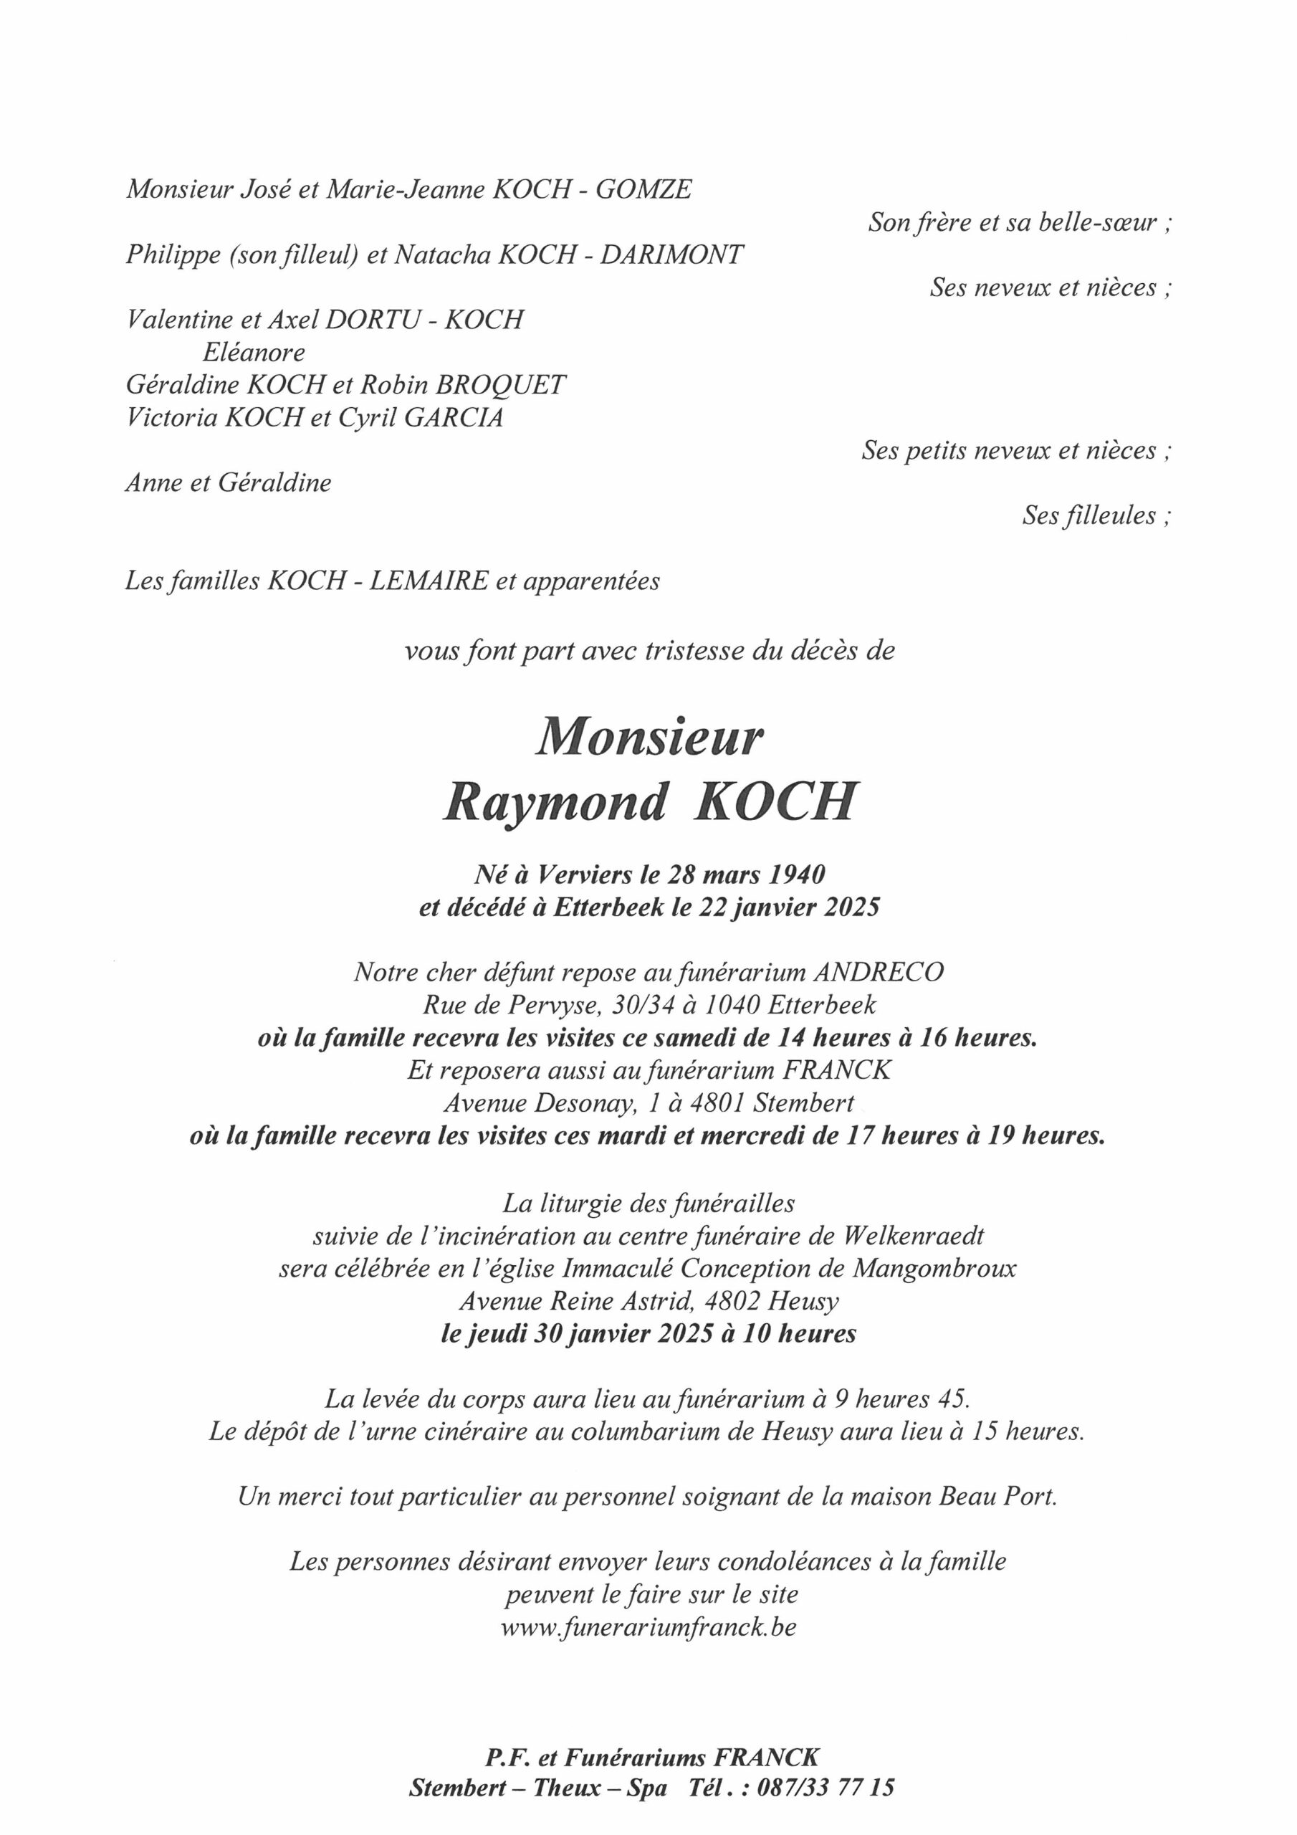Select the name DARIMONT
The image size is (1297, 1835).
coord(672,254)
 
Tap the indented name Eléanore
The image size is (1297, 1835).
coord(254,353)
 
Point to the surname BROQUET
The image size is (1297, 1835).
coord(499,384)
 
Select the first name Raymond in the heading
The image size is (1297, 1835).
coord(555,801)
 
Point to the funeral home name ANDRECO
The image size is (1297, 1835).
coord(879,972)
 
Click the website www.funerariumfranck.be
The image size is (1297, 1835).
coord(648,1627)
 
